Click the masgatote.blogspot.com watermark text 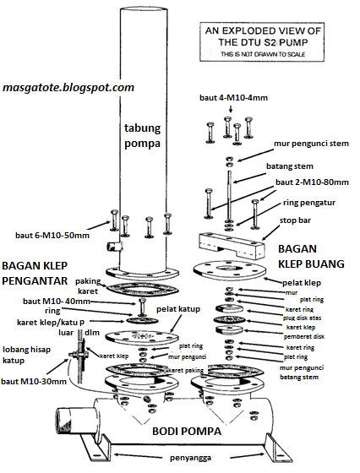click(x=68, y=87)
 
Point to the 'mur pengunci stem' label click(x=304, y=144)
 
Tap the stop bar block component click(x=226, y=244)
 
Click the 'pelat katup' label click(x=201, y=310)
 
